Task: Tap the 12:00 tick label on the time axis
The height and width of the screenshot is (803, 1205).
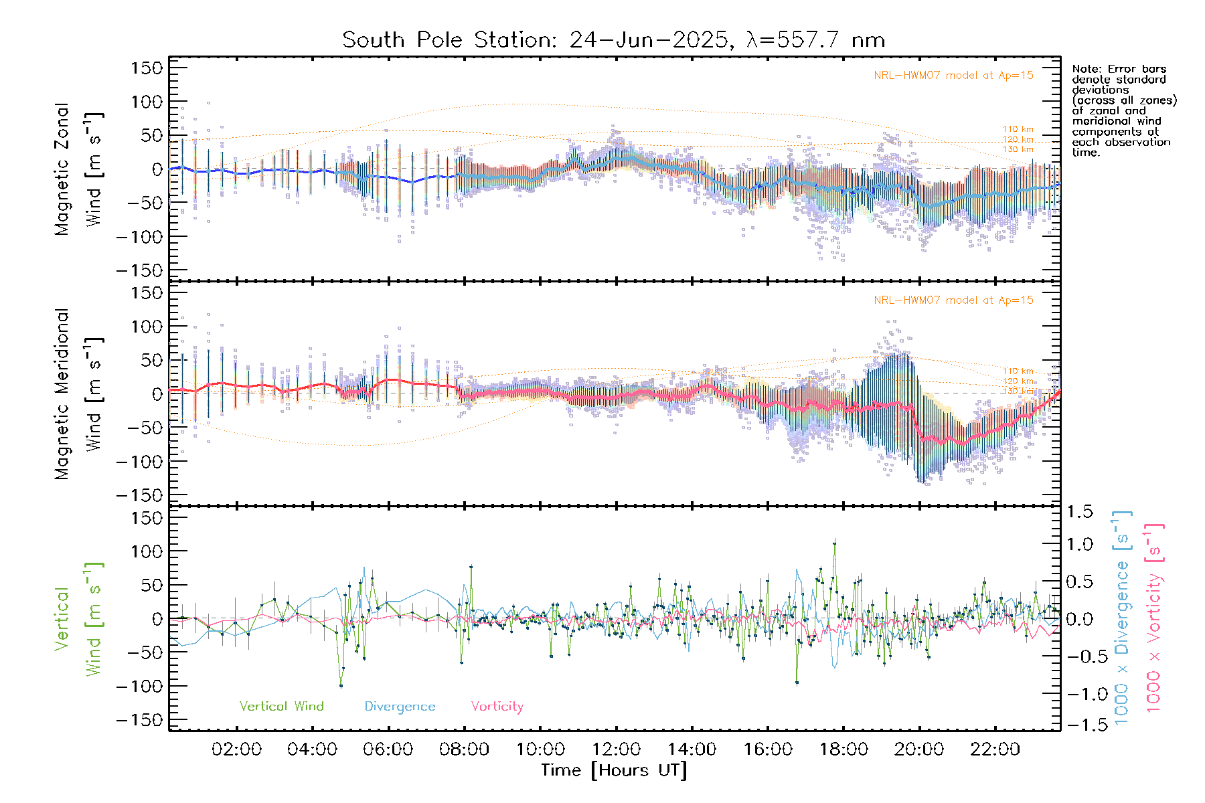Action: tap(616, 749)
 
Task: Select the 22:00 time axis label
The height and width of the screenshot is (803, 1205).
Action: tap(995, 749)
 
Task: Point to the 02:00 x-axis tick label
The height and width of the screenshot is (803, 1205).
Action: tap(236, 749)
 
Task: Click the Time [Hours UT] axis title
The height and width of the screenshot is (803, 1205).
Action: tap(614, 771)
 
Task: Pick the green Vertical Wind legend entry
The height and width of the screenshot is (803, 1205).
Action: tap(281, 707)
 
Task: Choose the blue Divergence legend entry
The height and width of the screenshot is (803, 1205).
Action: tap(400, 707)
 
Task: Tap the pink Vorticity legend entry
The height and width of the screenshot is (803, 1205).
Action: tap(497, 707)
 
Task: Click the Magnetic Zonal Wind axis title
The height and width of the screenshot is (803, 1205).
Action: tap(78, 169)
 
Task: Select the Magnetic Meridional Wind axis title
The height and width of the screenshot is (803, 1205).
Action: tap(78, 393)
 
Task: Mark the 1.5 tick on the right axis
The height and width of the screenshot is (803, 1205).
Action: tap(1080, 512)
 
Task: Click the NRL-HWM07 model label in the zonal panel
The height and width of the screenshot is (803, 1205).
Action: tap(953, 76)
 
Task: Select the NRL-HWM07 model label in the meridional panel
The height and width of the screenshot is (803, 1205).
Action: tap(953, 300)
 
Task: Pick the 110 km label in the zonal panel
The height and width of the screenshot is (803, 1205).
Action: tap(1018, 129)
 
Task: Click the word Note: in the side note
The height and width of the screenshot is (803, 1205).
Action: tap(1087, 69)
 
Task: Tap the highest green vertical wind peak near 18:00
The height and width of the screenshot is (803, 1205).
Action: tap(834, 543)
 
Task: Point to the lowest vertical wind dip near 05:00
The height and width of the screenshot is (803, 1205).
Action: tap(341, 686)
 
